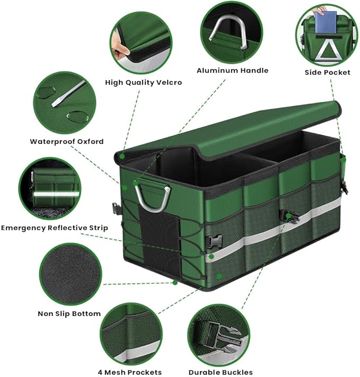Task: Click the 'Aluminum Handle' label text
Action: [x=232, y=71]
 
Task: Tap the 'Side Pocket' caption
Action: [x=327, y=72]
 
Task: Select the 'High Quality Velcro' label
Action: [x=143, y=83]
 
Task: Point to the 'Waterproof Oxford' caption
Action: [x=67, y=142]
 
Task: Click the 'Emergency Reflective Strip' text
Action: [x=55, y=227]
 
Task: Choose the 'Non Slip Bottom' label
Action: [x=69, y=313]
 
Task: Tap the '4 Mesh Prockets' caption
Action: [x=129, y=372]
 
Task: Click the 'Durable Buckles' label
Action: [x=221, y=372]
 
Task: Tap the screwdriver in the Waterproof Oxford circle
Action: [x=68, y=94]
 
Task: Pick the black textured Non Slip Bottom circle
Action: [x=71, y=274]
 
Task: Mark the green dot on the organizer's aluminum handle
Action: [x=135, y=183]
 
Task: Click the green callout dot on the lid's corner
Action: [x=122, y=156]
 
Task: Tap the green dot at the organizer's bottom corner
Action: [x=175, y=283]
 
